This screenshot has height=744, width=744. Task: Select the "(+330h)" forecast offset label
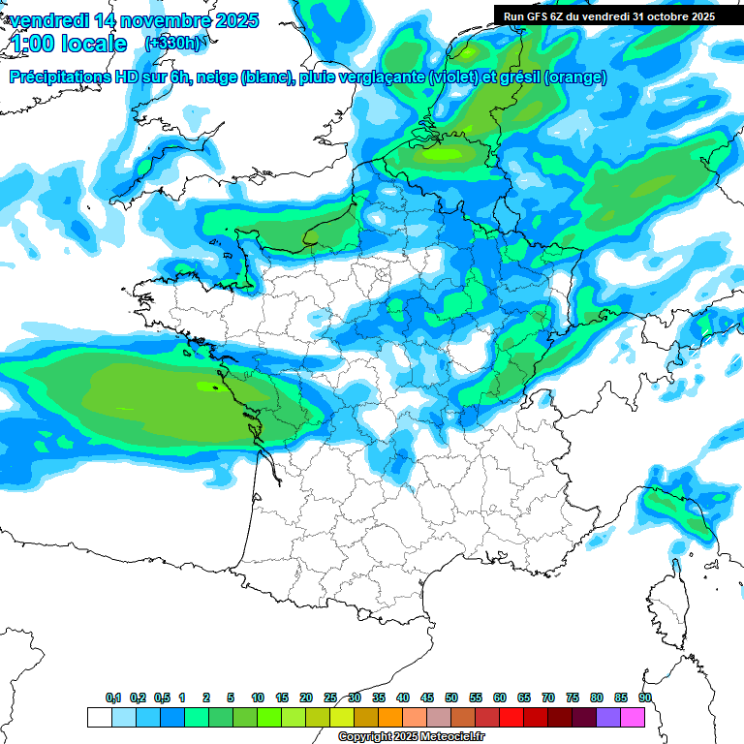tap(172, 44)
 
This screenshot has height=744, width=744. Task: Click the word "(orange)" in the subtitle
tap(575, 77)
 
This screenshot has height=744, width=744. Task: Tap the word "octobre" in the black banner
tap(665, 15)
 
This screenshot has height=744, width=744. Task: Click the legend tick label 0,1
tap(113, 698)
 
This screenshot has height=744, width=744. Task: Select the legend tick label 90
tap(645, 698)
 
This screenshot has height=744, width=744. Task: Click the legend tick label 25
tap(330, 698)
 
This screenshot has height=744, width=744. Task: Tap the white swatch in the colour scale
tap(99, 717)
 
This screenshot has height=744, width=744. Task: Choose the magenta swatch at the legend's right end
tap(633, 717)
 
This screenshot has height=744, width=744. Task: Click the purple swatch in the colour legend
tap(608, 717)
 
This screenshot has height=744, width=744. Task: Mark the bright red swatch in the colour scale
tap(511, 717)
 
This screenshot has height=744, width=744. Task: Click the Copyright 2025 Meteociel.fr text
tap(411, 737)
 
